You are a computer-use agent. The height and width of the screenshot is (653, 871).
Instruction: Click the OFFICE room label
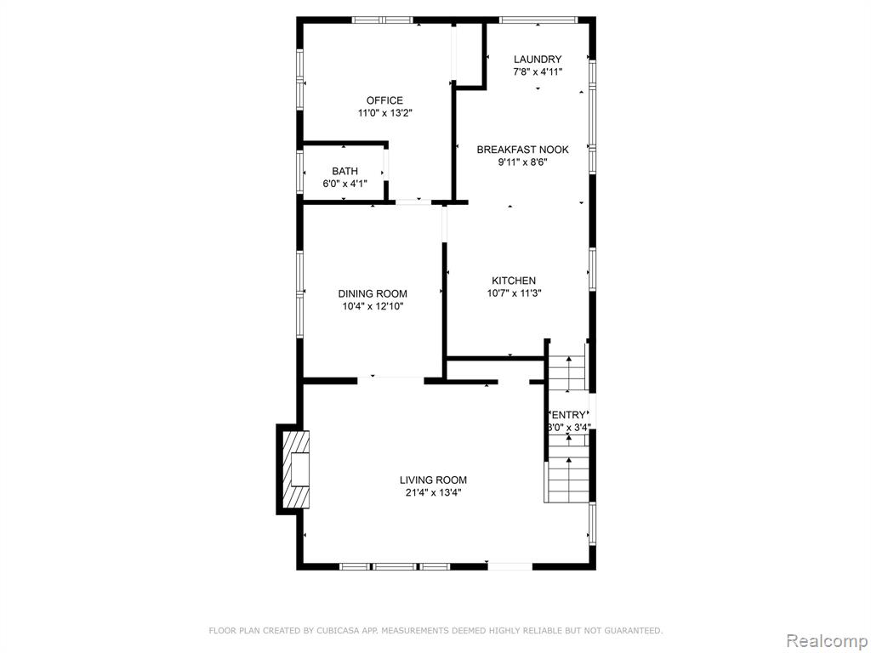tap(384, 100)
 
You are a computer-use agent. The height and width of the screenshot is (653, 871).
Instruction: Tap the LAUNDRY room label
tap(538, 59)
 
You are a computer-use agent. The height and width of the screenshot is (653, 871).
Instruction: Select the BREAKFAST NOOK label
tap(523, 150)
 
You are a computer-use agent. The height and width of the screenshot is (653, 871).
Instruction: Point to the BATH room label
tap(345, 171)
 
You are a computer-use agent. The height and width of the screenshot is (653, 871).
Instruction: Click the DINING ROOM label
tap(373, 293)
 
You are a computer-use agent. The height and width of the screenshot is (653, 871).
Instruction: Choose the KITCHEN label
tap(514, 281)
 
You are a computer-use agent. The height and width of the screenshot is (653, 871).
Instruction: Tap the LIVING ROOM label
tap(433, 480)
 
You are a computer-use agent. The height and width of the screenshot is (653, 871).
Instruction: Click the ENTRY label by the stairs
tap(568, 415)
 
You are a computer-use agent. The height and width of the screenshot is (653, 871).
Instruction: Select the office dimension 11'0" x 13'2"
tap(384, 113)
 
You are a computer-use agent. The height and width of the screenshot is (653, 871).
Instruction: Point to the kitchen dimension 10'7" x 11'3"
tap(514, 293)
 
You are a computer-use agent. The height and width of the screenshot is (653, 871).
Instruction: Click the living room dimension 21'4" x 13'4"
tap(433, 492)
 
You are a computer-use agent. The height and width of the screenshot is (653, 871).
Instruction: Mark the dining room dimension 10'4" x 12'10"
tap(373, 306)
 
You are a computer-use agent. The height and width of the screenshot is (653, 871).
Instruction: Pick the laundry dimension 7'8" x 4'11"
tap(538, 71)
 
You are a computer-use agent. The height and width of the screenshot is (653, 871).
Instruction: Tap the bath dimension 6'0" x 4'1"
tap(345, 184)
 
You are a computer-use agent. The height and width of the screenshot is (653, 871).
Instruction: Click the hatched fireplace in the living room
tap(295, 469)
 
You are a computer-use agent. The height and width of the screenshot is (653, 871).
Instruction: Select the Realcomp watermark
tap(827, 641)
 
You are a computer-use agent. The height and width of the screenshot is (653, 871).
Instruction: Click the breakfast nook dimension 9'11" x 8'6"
tap(523, 162)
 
